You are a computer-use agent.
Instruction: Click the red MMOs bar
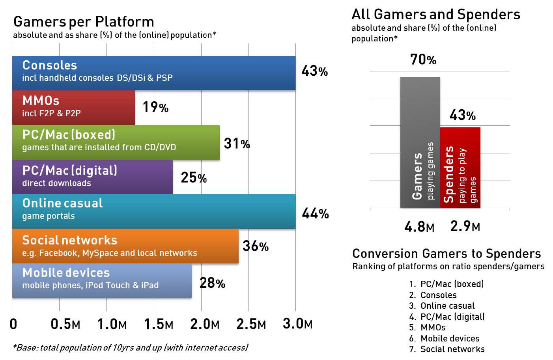point(73,108)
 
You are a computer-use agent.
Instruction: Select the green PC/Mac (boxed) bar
point(116,142)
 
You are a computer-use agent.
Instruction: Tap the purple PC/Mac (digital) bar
point(92,177)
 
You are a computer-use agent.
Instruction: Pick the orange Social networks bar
point(125,246)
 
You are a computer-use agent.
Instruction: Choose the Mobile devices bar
point(102,280)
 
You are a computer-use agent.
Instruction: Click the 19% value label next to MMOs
point(155,107)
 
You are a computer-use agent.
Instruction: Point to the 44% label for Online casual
point(315,214)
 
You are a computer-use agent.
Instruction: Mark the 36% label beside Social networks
point(256,246)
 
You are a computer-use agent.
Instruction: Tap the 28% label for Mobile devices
point(212,283)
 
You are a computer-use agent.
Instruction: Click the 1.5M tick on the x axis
point(159,324)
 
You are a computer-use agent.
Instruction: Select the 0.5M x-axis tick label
point(65,324)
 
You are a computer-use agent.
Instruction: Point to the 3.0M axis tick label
point(297,324)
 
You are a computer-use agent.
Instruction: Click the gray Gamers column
point(420,142)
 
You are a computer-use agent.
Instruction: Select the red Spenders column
point(460,168)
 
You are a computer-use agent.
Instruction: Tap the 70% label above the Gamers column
point(423,60)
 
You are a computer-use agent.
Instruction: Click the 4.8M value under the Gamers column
point(419,227)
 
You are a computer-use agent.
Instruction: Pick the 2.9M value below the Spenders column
point(465,226)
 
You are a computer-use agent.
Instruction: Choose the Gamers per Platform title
point(84,22)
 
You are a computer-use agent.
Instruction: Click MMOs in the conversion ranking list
point(433,327)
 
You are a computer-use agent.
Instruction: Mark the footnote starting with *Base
point(130,347)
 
